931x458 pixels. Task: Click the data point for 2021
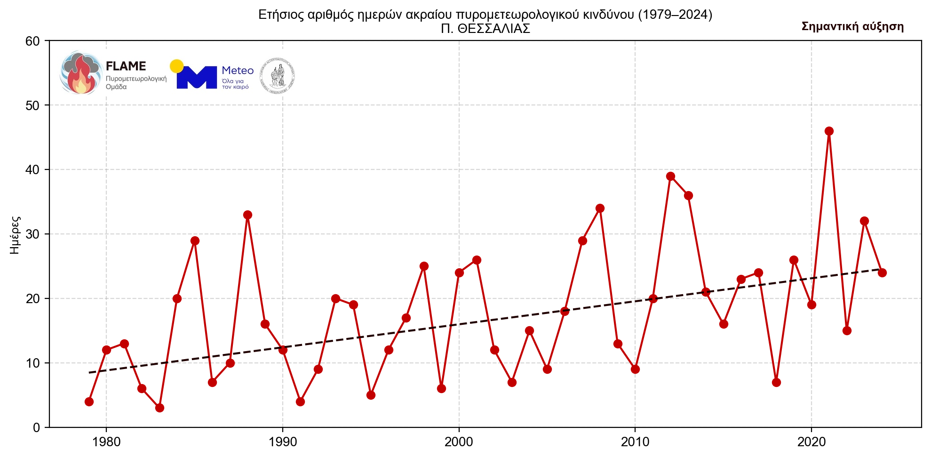click(829, 131)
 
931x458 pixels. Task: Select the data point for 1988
click(247, 215)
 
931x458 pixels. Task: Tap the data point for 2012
click(670, 176)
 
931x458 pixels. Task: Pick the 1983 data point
click(159, 408)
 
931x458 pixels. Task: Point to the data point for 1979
click(89, 402)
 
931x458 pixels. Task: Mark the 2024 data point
click(882, 273)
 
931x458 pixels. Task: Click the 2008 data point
click(600, 208)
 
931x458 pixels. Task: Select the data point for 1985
click(195, 241)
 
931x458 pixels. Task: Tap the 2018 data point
click(776, 382)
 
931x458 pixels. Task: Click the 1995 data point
click(371, 395)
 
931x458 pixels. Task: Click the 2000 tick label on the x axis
click(459, 442)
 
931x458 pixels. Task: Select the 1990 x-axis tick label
click(282, 442)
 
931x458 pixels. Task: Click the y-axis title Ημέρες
click(15, 234)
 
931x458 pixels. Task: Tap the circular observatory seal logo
click(278, 76)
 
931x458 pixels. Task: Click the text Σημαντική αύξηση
click(852, 26)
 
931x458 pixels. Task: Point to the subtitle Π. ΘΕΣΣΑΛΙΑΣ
click(485, 29)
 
